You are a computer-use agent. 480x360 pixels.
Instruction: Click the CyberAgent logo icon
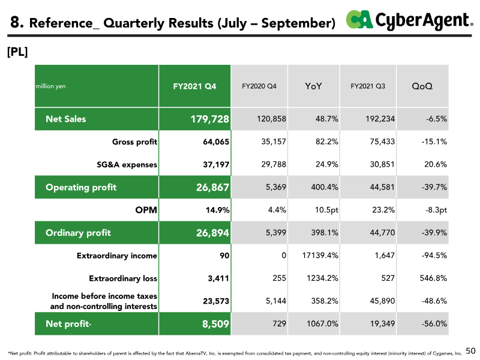(x=359, y=19)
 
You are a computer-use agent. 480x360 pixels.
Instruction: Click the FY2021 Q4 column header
(x=194, y=86)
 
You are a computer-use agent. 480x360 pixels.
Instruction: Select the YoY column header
(x=313, y=86)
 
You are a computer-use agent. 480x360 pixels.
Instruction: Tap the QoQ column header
(x=422, y=86)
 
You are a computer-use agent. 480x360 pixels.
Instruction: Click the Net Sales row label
(x=66, y=119)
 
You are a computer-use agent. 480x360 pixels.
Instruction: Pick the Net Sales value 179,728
(x=209, y=119)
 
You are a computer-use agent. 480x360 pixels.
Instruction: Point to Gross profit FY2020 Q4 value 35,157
(x=274, y=142)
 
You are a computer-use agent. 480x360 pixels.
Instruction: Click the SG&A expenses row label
(x=127, y=164)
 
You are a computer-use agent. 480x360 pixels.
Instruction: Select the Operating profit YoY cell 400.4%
(x=325, y=187)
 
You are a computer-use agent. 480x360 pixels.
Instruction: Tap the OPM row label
(x=146, y=210)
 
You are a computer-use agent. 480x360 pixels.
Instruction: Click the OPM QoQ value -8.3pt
(x=436, y=210)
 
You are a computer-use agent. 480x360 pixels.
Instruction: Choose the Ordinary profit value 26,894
(x=212, y=233)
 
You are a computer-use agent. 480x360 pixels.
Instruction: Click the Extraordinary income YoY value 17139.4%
(x=320, y=256)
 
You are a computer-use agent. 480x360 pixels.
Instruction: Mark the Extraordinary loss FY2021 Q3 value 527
(x=388, y=278)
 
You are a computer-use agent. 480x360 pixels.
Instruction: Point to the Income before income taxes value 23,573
(x=216, y=301)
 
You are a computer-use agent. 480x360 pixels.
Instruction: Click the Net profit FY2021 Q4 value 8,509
(x=215, y=324)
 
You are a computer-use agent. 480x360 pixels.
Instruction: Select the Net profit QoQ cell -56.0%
(x=434, y=323)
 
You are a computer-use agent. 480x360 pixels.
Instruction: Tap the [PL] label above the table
(x=17, y=52)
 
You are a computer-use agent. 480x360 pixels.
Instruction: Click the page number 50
(x=470, y=351)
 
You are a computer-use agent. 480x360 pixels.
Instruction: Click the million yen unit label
(x=50, y=86)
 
